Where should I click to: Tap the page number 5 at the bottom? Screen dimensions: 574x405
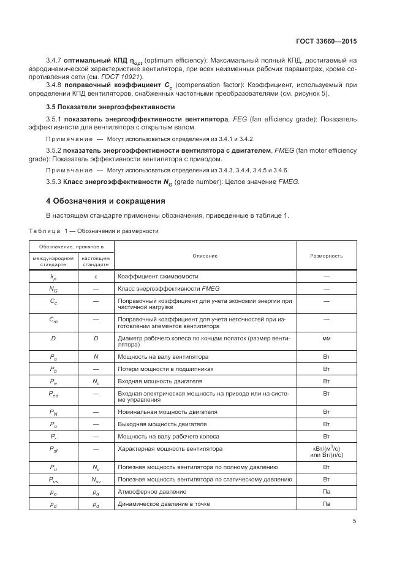point(354,521)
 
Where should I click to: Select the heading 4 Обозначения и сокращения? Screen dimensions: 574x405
point(106,201)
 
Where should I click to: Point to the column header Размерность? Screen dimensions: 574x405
point(326,256)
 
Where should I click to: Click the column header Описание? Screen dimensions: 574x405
point(205,256)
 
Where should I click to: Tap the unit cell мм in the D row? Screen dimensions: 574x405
point(326,338)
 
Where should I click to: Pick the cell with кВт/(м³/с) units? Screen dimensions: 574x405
point(326,453)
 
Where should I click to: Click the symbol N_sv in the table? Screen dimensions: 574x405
point(96,479)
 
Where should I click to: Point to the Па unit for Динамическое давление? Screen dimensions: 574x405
point(326,503)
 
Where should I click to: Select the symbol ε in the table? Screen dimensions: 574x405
point(96,277)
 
